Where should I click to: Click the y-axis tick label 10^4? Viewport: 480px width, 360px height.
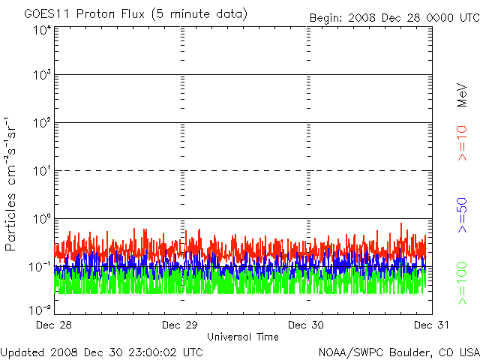pos(41,30)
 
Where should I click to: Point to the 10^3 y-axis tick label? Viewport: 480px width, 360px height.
pos(41,75)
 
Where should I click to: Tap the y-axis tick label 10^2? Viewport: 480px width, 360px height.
pos(41,122)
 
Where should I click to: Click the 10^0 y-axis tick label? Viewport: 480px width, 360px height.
pos(41,218)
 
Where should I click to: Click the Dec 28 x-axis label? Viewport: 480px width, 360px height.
pos(53,325)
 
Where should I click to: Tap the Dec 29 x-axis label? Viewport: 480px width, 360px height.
pos(181,325)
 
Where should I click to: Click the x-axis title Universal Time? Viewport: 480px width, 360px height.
pos(242,337)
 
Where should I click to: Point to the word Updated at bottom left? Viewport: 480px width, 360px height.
pos(22,352)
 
